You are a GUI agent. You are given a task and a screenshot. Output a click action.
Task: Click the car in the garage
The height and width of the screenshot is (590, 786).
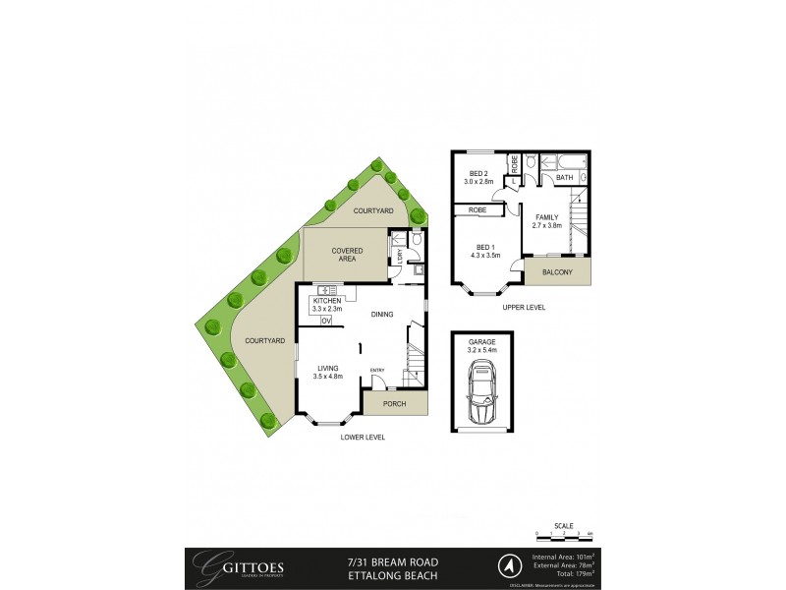point(482,394)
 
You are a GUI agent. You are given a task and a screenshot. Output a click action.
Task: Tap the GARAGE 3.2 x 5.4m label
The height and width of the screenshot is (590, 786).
point(482,345)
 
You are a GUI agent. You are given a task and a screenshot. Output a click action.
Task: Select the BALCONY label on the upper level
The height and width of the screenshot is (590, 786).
point(558,271)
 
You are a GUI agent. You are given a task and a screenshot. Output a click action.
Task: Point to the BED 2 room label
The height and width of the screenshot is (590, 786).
point(477,178)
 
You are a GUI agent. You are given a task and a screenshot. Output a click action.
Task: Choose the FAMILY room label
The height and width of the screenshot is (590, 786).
point(547,221)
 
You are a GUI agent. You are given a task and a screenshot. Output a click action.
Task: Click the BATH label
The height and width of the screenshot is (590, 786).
point(564,178)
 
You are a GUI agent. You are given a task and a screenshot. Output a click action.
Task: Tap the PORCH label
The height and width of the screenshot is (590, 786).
point(395,403)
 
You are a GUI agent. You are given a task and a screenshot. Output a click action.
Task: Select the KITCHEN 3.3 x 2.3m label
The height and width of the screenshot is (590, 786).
point(327,306)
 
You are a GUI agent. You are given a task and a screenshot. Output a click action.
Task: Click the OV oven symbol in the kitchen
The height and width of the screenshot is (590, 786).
point(326,322)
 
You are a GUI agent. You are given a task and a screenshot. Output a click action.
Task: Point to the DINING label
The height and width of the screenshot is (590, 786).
point(382,315)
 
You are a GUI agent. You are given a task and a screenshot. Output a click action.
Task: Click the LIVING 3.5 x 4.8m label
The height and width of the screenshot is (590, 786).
point(327,372)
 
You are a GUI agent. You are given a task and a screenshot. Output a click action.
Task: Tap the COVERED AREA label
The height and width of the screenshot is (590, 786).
point(347,255)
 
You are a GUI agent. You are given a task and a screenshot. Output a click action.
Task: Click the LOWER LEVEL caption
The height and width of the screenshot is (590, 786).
point(363,436)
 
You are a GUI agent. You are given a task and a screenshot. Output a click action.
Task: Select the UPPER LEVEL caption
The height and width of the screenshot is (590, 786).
point(523,308)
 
